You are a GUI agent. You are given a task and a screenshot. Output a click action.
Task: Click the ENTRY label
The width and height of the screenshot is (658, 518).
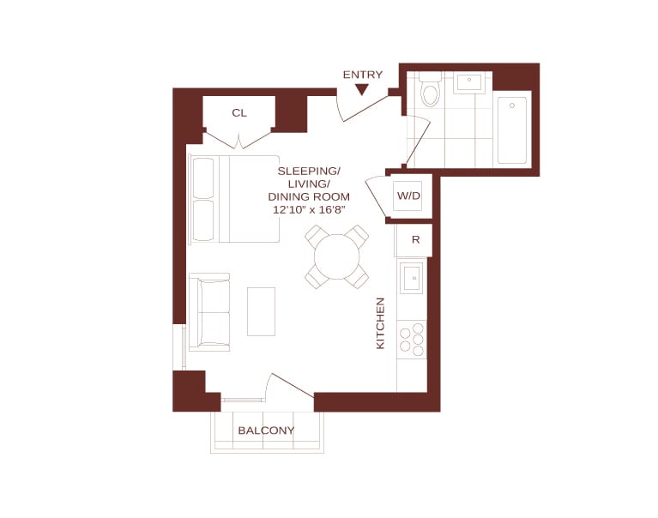[x=363, y=75]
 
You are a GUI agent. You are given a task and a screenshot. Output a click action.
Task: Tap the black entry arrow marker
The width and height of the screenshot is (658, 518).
[x=362, y=89]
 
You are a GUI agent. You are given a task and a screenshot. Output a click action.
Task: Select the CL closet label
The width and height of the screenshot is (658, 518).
[x=239, y=113]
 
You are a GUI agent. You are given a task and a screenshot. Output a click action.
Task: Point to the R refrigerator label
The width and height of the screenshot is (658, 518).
[x=416, y=239]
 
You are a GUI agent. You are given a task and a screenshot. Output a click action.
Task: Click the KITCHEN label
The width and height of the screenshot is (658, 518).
[x=380, y=323]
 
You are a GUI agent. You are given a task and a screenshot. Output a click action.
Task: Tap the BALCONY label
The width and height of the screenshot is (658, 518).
[x=266, y=431]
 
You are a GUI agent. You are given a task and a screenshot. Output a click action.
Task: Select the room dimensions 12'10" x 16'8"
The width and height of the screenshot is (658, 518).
[x=309, y=210]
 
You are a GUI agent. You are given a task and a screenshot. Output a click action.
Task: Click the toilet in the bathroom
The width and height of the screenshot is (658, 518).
[x=430, y=89]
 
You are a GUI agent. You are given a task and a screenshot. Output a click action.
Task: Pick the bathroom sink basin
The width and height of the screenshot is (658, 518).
[x=469, y=82]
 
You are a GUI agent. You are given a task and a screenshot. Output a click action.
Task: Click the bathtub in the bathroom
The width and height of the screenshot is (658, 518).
[x=512, y=130]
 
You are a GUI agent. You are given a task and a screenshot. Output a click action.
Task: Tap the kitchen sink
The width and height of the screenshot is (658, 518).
[x=411, y=278]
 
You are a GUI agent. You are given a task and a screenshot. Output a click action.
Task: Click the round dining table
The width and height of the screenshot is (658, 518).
[x=336, y=256]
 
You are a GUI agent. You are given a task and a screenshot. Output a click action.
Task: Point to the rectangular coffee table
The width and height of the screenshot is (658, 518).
[x=261, y=311]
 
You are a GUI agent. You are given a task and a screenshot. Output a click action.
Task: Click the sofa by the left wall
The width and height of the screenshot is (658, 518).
[x=209, y=311]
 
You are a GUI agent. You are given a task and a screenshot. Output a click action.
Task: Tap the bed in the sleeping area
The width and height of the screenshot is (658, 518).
[x=234, y=199]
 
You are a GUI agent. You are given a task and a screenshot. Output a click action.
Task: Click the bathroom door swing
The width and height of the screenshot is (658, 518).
[x=418, y=141]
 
